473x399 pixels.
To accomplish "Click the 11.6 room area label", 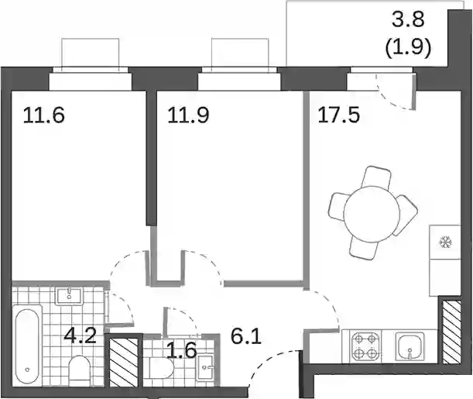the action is coord(44,115).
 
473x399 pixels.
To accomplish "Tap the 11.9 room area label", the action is coord(188,115).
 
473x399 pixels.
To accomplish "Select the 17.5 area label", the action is coord(339,115).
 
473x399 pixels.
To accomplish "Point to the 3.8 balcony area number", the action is coord(409,20).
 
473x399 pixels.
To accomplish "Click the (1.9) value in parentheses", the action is coord(409,47).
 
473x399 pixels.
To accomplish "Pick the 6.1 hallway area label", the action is coord(246,337).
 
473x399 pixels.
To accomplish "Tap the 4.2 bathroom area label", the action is coord(81,335).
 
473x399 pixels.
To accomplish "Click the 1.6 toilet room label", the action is coord(182,350).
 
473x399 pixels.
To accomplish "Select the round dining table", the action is coord(372,214).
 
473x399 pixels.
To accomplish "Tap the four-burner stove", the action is coord(365,346).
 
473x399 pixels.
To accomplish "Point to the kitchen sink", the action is coord(410,346).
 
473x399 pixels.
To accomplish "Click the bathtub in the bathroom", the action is coord(27,345).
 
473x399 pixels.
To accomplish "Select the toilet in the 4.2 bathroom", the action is coord(79,370).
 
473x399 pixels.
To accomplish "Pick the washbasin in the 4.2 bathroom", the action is coord(69,296).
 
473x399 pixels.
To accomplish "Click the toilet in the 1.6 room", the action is coord(161,368).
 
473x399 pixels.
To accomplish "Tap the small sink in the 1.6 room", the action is coord(206,367).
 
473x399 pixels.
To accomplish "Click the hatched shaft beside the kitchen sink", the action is coord(451,332).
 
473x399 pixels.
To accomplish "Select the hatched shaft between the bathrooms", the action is coord(124,362).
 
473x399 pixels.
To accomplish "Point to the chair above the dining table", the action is coord(377,179).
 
